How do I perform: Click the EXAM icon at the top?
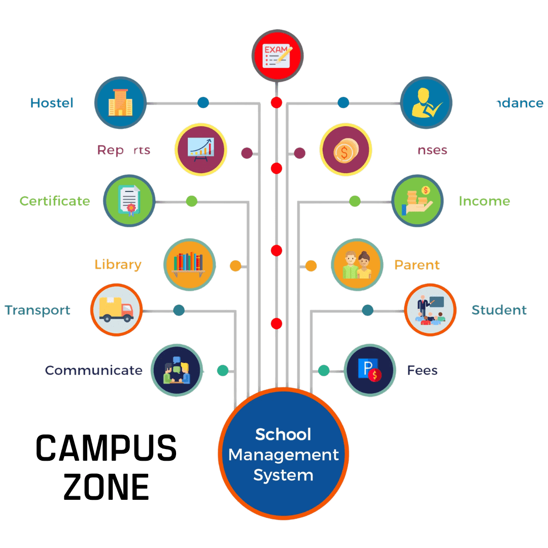pos(278,56)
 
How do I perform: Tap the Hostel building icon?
pos(120,103)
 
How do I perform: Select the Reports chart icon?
pos(200,149)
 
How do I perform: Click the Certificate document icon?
pos(129,200)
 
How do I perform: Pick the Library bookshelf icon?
pos(189,264)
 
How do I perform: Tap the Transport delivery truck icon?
pos(116,310)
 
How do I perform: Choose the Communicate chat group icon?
pos(177,370)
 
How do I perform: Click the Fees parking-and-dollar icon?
pos(369,370)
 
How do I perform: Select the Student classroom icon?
pos(430,310)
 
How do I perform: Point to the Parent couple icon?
pos(357,265)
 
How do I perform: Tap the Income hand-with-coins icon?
pos(417,201)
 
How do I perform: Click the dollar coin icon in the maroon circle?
pos(346,150)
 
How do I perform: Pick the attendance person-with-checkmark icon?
pos(426,103)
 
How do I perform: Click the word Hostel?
pos(52,103)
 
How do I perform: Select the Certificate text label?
pos(55,201)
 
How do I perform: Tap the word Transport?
pos(38,310)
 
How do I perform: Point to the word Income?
pos(484,201)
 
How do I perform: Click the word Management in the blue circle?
pos(283,455)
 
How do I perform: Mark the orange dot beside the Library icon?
pos(235,265)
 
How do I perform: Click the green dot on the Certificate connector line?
pos(191,201)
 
